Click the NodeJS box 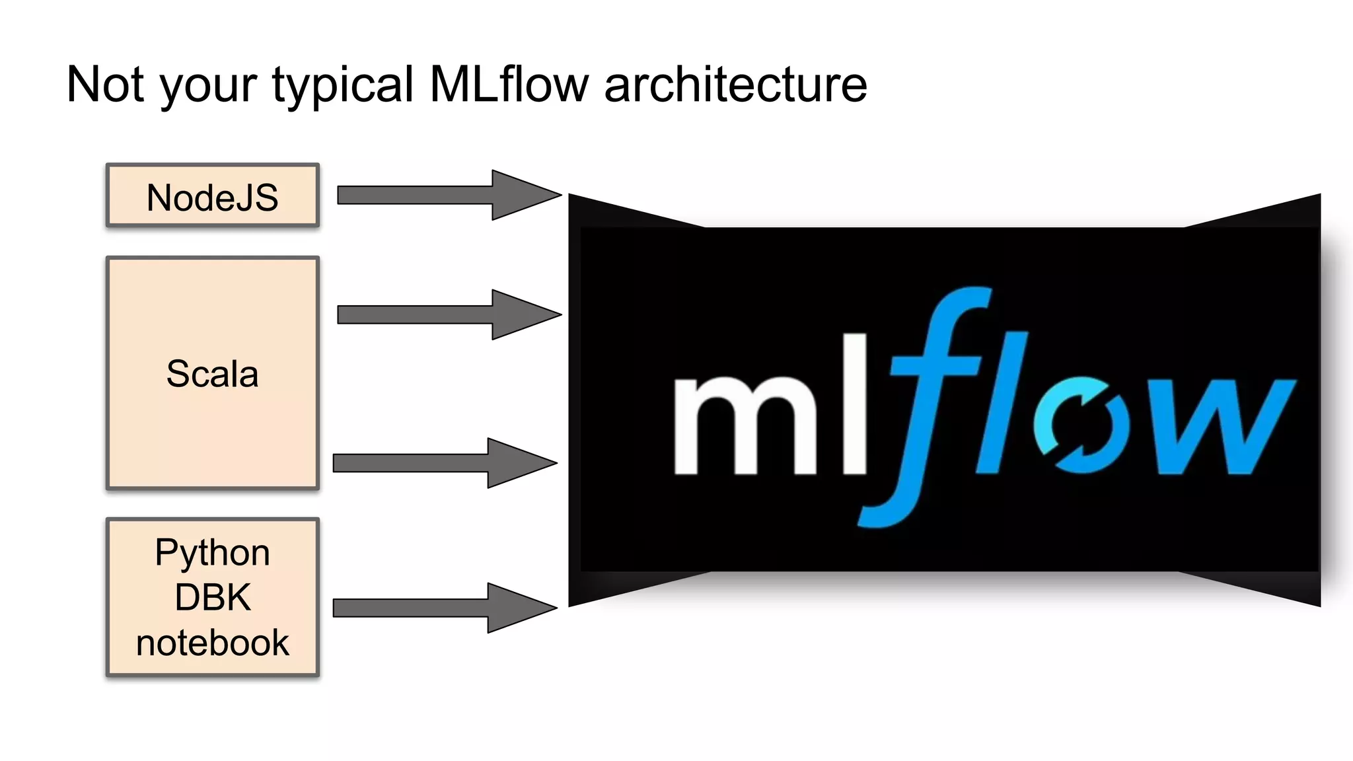click(212, 196)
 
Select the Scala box click(212, 373)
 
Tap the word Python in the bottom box click(212, 552)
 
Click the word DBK click(212, 597)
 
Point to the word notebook click(212, 643)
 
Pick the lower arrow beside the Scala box click(444, 463)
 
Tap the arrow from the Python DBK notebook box click(444, 608)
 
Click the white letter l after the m click(846, 404)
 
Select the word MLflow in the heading click(508, 85)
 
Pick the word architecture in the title click(735, 85)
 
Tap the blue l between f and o click(1002, 403)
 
